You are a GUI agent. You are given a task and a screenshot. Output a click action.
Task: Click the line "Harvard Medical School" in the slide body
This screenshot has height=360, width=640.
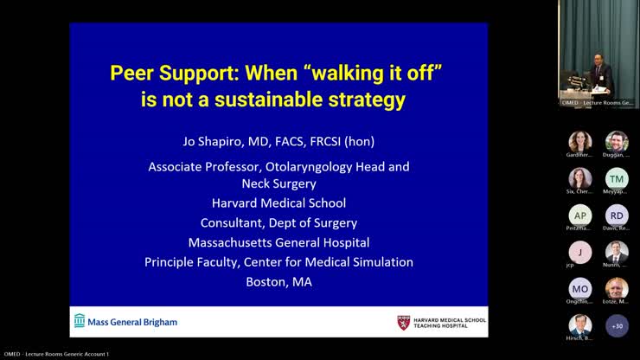[278, 203]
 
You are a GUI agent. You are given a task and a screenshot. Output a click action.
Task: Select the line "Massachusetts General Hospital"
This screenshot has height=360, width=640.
[278, 242]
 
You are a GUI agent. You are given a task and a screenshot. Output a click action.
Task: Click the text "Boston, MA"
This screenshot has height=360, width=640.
[278, 281]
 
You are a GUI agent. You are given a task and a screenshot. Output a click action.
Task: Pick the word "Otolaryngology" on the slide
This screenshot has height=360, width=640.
[308, 166]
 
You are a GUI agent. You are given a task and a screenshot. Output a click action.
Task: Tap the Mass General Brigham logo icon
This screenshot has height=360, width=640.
[80, 321]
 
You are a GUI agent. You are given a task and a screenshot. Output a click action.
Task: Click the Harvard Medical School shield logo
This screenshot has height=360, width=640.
[403, 322]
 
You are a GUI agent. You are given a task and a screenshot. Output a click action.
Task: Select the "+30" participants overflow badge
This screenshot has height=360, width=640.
[617, 325]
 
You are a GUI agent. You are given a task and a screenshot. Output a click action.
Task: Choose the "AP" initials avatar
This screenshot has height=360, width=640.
[580, 215]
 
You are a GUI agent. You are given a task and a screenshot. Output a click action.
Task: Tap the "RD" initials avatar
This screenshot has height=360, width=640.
[617, 215]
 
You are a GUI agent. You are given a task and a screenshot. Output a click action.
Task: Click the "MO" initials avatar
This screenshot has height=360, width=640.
[580, 289]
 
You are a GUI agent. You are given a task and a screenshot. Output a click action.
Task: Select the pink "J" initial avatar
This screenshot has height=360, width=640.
[580, 252]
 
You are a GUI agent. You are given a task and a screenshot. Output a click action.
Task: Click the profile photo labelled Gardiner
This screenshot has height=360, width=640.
[580, 142]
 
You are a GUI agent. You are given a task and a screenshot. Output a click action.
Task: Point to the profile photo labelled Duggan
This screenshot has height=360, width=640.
[617, 142]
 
